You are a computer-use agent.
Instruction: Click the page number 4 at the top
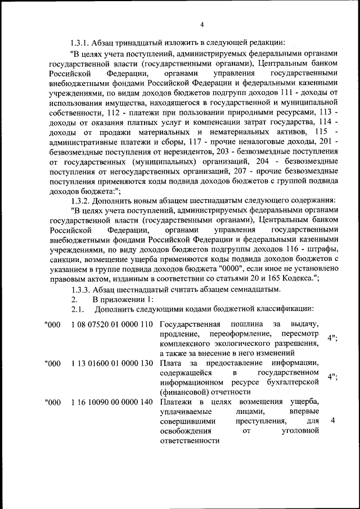[202, 24]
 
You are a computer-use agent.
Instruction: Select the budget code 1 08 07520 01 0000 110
[112, 325]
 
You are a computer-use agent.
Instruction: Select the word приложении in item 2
[124, 299]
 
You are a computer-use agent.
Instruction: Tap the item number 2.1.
[77, 309]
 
